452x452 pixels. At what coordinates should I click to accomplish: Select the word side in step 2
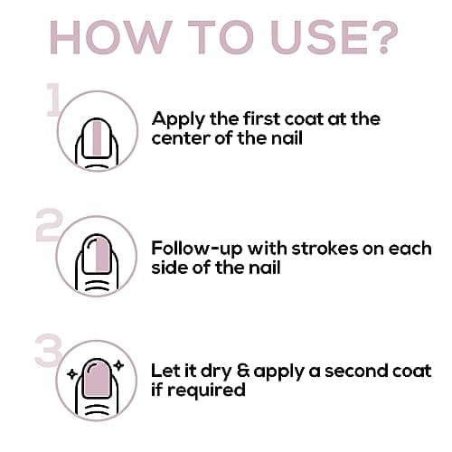click(x=169, y=268)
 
